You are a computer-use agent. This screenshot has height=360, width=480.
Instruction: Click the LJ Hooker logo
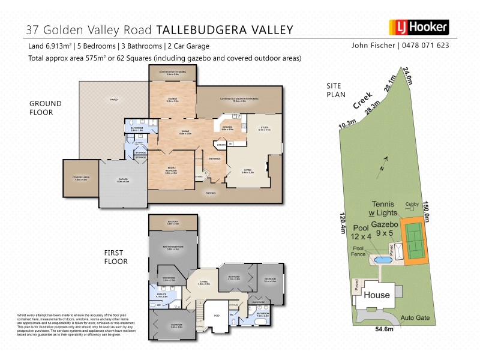click(419, 28)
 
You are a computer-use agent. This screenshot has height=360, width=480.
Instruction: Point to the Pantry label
click(221, 144)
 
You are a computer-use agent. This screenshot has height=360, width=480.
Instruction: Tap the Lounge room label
click(172, 101)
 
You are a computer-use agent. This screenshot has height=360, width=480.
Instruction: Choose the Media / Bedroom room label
click(172, 170)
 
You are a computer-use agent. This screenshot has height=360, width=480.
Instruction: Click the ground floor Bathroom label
click(137, 128)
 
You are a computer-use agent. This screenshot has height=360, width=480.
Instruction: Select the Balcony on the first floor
click(173, 223)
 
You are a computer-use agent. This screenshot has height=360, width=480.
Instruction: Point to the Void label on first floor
click(217, 314)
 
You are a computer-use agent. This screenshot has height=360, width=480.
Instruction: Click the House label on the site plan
click(377, 295)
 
